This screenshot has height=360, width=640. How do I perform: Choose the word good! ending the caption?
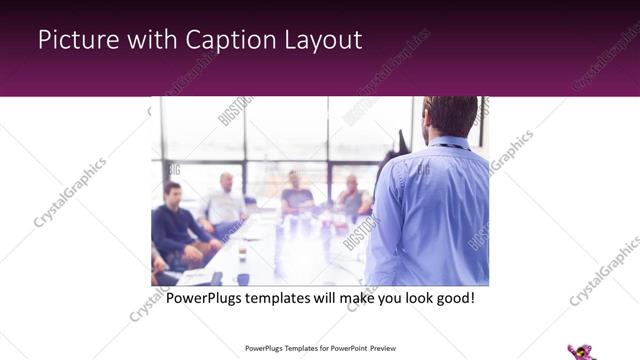[x=451, y=298]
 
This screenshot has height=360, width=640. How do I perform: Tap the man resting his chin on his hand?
[x=352, y=197]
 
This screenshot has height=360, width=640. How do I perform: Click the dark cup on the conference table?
[x=243, y=279]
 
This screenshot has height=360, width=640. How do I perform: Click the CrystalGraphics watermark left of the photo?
[x=70, y=191]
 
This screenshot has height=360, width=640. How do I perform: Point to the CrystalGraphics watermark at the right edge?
[x=604, y=270]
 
